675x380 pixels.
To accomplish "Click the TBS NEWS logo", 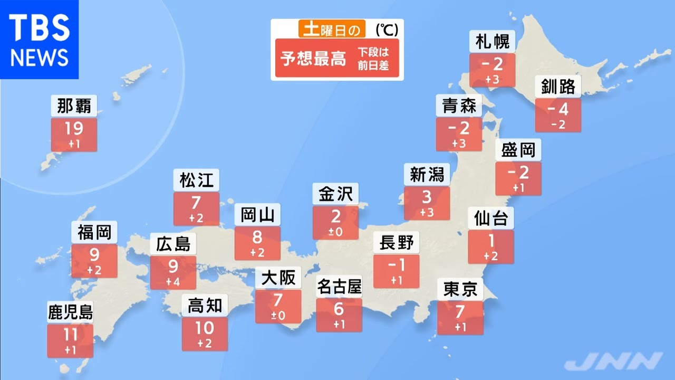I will pos(39,39).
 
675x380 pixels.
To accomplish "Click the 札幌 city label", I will pos(492,42).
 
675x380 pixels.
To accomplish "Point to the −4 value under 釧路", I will pos(558,110).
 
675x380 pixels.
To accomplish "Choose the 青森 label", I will pos(459,106).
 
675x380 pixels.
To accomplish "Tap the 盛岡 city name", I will pos(518,150).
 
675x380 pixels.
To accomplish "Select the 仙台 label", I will pos(490,218).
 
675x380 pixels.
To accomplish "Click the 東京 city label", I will pos(460,289).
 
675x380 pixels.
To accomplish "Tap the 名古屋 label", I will pos(339,287).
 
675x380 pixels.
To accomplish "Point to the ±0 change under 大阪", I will pos(278,316).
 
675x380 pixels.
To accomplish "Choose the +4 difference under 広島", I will pos(173,282).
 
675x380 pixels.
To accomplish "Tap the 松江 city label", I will pos(196,180).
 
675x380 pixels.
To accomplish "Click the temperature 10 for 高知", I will pos(205,328).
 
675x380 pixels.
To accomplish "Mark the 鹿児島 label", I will pos(70,312).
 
